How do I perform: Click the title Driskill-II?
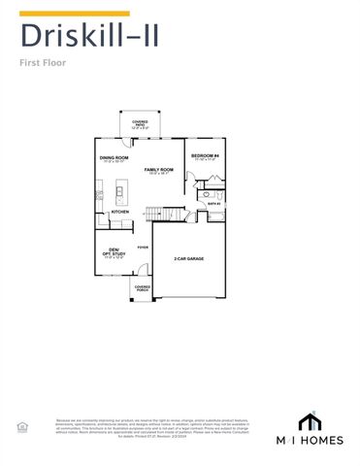tap(90, 38)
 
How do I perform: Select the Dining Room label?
tap(115, 157)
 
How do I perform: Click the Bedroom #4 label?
tap(206, 156)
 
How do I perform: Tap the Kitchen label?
tap(120, 212)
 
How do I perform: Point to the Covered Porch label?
tap(142, 288)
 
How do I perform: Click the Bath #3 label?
tap(213, 204)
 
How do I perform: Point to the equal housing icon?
tap(21, 426)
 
